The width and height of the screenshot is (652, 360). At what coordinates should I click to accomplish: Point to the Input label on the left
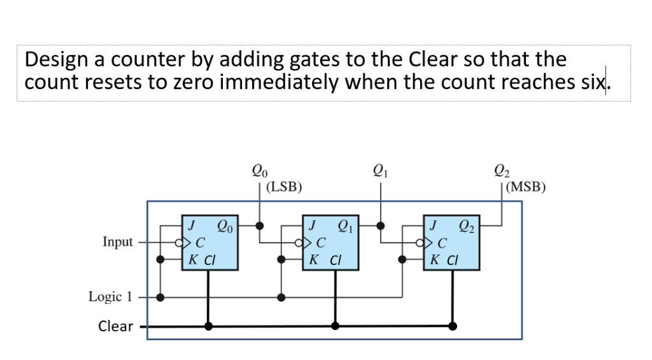[118, 242]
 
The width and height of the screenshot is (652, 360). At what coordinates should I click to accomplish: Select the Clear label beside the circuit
[115, 326]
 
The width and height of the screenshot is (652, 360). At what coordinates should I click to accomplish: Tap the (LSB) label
[284, 187]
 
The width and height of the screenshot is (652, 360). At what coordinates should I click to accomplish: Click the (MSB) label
[527, 187]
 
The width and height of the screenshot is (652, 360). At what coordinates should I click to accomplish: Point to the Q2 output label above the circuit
[502, 171]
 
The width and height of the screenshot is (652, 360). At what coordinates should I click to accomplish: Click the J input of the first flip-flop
[190, 225]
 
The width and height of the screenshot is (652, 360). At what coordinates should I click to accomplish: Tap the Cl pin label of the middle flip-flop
[335, 260]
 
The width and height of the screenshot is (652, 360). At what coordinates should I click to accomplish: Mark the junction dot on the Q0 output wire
[260, 225]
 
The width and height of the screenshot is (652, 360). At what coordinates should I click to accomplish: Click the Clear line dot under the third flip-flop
[453, 326]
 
